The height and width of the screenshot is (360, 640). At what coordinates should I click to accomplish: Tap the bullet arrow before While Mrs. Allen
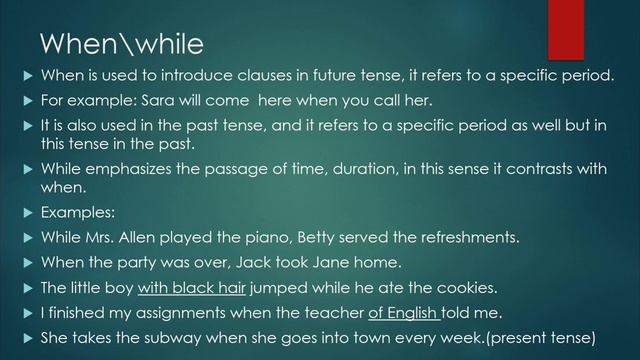point(26,238)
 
